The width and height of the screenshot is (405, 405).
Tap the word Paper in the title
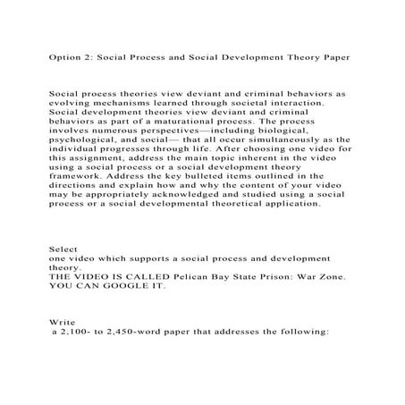pos(331,55)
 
